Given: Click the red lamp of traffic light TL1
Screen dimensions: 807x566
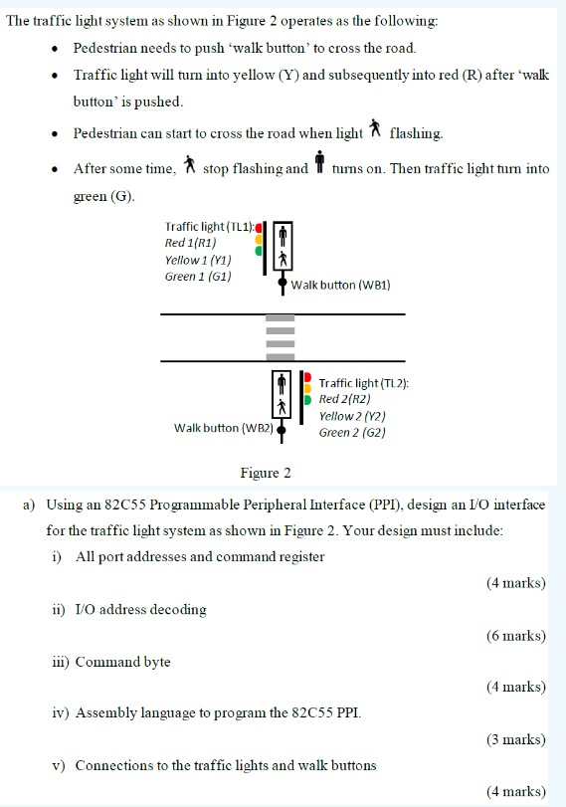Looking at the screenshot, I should point(259,227).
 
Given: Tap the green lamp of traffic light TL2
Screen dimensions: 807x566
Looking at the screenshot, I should point(308,400).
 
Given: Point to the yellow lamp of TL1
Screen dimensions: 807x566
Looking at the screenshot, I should point(259,239).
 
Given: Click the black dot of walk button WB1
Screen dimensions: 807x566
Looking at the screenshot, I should point(283,284).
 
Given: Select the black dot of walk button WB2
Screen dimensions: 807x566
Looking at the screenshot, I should point(282,429).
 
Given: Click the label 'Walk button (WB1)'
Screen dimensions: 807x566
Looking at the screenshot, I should point(341,285).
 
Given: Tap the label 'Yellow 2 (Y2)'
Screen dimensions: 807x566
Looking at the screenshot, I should point(352,416).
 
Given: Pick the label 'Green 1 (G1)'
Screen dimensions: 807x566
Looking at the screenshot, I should point(198,276).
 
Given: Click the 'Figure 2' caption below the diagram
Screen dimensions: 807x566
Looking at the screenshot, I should point(266,473).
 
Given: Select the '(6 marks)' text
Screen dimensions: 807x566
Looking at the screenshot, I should point(515,635).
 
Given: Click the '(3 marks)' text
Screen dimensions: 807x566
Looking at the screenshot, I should point(515,739).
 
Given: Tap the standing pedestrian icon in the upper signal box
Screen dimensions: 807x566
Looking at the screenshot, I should point(283,235).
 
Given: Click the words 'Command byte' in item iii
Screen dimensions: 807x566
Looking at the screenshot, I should point(122,662).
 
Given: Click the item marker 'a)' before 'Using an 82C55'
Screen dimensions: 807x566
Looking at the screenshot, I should point(30,504).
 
